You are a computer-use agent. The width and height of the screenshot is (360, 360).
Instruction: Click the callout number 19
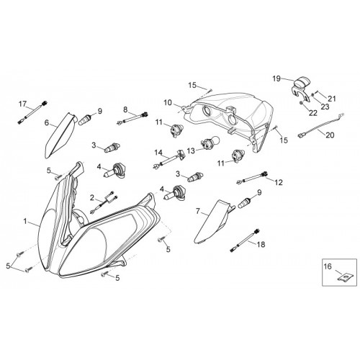(276, 78)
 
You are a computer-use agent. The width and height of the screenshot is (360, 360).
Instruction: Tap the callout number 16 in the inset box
(328, 266)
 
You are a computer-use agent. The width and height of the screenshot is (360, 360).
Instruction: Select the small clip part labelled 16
(345, 278)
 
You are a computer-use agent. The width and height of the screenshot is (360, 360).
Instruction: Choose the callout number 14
(158, 153)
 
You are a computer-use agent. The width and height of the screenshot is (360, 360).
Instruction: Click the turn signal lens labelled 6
(60, 135)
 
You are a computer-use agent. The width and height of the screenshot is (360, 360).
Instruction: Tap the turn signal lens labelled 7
(213, 221)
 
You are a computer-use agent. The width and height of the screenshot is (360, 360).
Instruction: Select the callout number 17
(22, 104)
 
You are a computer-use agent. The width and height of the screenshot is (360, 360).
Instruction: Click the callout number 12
(279, 182)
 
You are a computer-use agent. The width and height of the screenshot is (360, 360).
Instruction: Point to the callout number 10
(168, 103)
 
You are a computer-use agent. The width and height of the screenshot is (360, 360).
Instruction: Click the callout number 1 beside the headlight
(25, 221)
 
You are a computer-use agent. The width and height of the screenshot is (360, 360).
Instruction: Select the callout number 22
(313, 113)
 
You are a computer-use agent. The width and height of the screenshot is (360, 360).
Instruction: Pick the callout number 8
(125, 110)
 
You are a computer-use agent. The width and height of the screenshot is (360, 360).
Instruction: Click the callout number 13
(192, 151)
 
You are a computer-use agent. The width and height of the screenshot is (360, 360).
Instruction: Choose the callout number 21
(332, 99)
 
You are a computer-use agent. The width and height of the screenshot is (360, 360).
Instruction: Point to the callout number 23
(325, 107)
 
